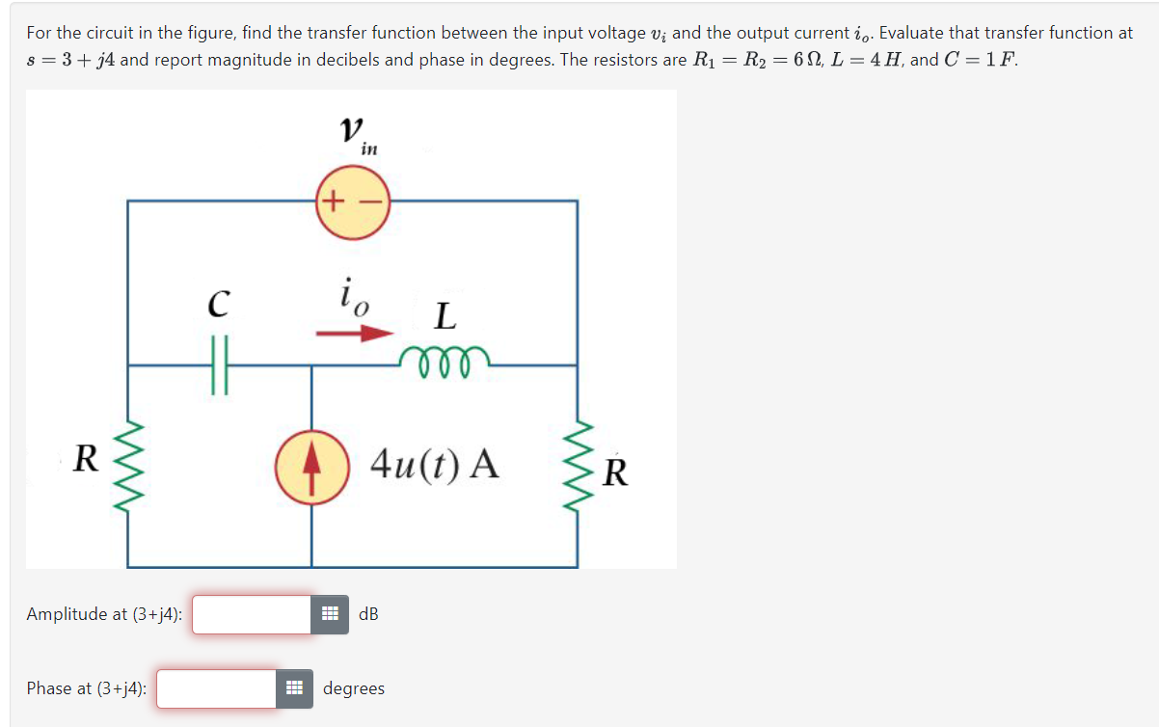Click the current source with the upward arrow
310,467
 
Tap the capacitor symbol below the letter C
219,366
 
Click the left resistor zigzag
128,467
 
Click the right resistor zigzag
578,467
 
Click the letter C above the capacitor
219,305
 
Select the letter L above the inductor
445,315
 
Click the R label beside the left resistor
85,459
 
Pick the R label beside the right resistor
617,472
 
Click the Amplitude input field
252,614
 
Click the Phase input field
217,688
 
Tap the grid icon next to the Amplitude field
330,614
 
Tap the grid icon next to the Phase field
295,688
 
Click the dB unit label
368,614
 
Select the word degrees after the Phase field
354,688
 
